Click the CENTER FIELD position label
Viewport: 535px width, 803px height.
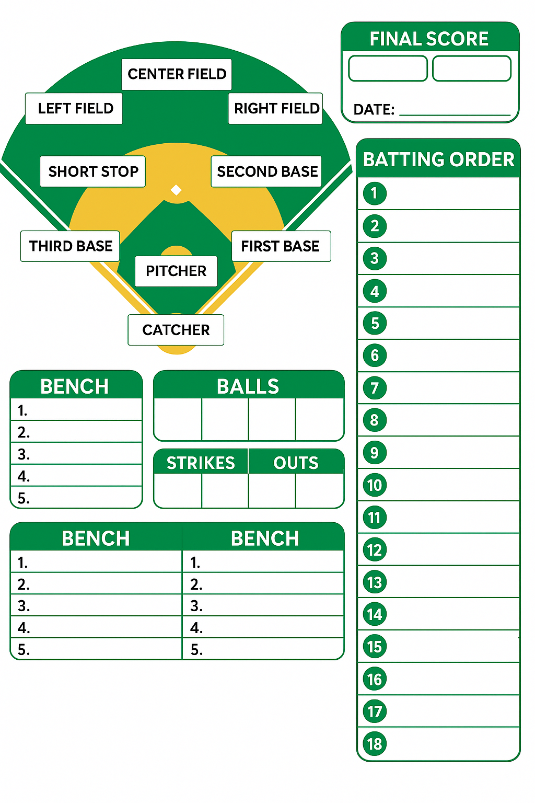point(177,74)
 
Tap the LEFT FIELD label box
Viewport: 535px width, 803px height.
point(74,109)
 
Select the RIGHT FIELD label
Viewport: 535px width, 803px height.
point(276,109)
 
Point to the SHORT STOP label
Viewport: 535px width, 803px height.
point(93,171)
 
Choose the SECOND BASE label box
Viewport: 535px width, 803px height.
point(266,171)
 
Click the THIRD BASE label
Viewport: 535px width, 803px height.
point(71,246)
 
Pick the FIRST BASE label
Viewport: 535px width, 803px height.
point(281,246)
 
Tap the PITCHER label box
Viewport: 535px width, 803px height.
point(176,271)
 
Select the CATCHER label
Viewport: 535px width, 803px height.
point(176,330)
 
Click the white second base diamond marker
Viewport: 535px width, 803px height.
point(177,190)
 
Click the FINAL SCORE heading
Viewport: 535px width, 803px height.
point(429,39)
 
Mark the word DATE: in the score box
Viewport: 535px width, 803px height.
point(374,110)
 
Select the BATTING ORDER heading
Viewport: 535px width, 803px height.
point(438,159)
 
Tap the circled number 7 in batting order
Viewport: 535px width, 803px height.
point(375,388)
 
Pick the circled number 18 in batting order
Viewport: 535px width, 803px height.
point(375,744)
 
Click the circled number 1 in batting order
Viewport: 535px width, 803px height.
point(375,193)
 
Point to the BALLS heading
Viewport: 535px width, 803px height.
point(248,386)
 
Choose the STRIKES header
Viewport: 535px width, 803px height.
point(201,463)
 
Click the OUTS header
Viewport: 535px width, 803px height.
point(296,463)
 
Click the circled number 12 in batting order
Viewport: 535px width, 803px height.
point(375,550)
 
